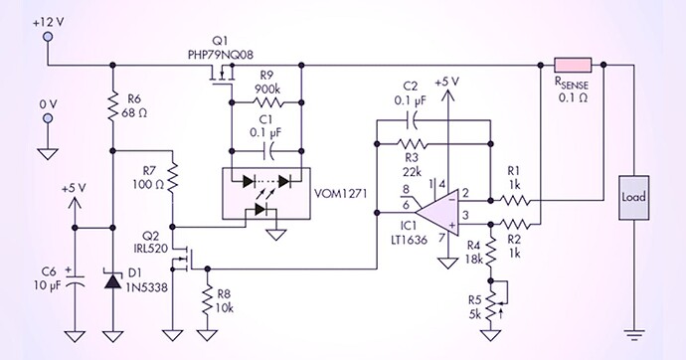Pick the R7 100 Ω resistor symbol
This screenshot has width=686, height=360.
pos(173,182)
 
